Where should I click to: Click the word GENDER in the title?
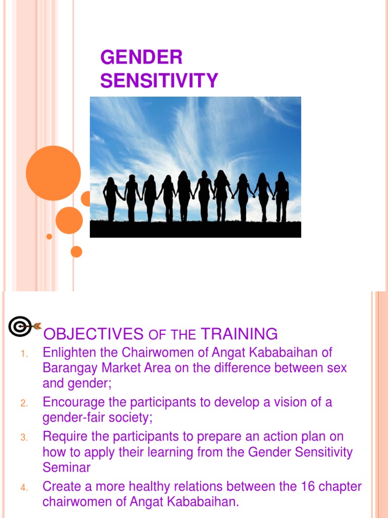click(x=141, y=58)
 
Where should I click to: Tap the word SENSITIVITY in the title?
click(x=159, y=80)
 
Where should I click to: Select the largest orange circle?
click(x=53, y=173)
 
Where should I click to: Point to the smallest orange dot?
click(x=49, y=236)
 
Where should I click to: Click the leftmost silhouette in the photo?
click(x=111, y=199)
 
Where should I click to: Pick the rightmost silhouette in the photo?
click(x=281, y=197)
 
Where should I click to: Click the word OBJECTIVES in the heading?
click(x=93, y=334)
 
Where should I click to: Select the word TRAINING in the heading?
click(x=239, y=334)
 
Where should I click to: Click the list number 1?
click(x=24, y=354)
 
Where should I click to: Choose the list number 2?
click(x=24, y=404)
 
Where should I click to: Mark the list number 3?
click(x=24, y=438)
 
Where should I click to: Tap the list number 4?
click(x=24, y=488)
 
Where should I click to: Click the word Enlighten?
click(x=69, y=352)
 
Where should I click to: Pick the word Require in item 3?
click(x=65, y=436)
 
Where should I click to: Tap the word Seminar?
click(x=66, y=467)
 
